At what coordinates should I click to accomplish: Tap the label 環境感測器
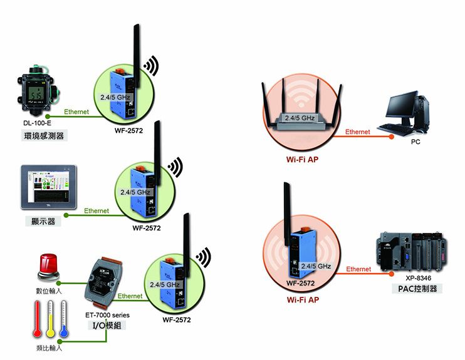point(44,136)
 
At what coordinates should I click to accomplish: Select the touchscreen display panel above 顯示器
point(49,187)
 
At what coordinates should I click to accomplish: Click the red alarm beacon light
point(48,267)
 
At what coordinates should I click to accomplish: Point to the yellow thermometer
point(51,319)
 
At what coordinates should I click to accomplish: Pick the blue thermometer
point(64,319)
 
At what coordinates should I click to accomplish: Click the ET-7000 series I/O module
point(103,282)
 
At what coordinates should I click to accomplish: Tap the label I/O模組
point(107,326)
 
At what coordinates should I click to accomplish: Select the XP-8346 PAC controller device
point(412,252)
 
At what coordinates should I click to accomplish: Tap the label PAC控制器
point(417,289)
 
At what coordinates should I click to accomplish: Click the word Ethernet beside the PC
point(358,132)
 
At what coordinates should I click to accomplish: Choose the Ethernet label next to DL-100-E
point(76,111)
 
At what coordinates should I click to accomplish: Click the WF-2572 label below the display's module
point(147,228)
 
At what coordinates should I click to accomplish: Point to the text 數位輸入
point(49,291)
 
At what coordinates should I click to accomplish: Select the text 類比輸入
point(50,348)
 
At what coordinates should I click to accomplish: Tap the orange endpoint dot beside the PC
point(392,136)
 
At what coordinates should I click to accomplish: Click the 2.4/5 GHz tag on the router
point(300,118)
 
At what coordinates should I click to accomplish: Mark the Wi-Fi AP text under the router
point(302,160)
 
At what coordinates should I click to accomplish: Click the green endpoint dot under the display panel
point(66,215)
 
